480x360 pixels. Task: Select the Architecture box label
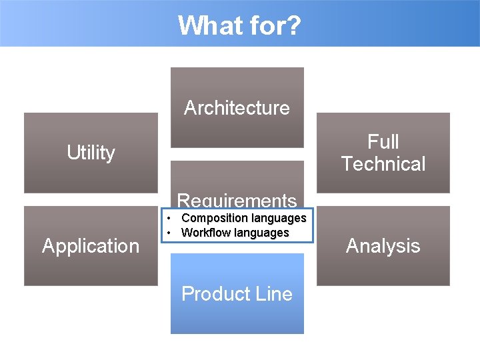coord(237,108)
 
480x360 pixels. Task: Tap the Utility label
coord(91,153)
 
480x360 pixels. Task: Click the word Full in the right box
coord(383,141)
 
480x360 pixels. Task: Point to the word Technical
coord(383,164)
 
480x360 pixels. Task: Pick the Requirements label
coord(237,200)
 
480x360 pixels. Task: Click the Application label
coord(91,246)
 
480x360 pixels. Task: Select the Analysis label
coord(383,246)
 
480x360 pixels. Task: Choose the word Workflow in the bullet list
coord(205,233)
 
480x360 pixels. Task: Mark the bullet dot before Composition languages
coord(171,218)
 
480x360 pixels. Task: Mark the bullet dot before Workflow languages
coord(171,233)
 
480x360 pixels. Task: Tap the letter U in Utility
coord(72,153)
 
